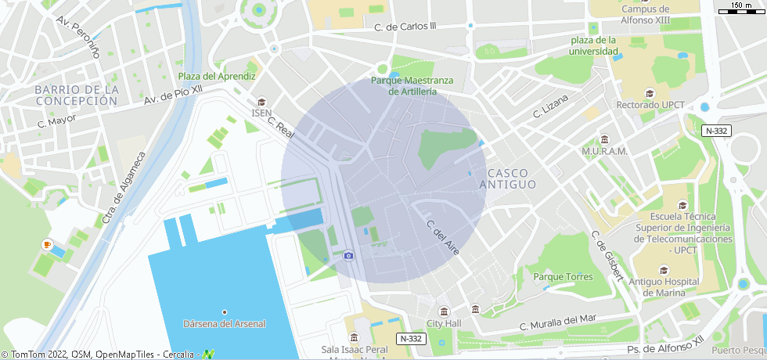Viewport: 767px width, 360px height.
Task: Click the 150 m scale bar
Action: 741,9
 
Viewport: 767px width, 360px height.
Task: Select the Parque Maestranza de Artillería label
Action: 412,85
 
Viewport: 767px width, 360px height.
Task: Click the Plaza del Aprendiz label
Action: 217,77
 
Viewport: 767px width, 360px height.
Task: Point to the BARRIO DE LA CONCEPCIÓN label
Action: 77,95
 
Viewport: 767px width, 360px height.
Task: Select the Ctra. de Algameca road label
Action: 123,186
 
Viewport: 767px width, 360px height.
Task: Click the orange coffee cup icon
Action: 47,245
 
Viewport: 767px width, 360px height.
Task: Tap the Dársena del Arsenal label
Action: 224,324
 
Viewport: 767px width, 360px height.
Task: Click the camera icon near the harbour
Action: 348,255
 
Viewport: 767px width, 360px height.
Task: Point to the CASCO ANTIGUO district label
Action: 507,178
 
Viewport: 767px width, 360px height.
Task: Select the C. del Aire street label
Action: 442,237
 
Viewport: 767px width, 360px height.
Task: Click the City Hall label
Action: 444,324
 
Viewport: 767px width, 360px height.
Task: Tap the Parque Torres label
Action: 563,277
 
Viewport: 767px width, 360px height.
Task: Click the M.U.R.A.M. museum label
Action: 604,151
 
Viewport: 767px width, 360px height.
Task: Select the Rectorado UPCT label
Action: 650,105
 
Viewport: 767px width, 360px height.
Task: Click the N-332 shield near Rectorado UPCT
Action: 715,131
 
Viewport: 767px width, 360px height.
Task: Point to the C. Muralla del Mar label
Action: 558,322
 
